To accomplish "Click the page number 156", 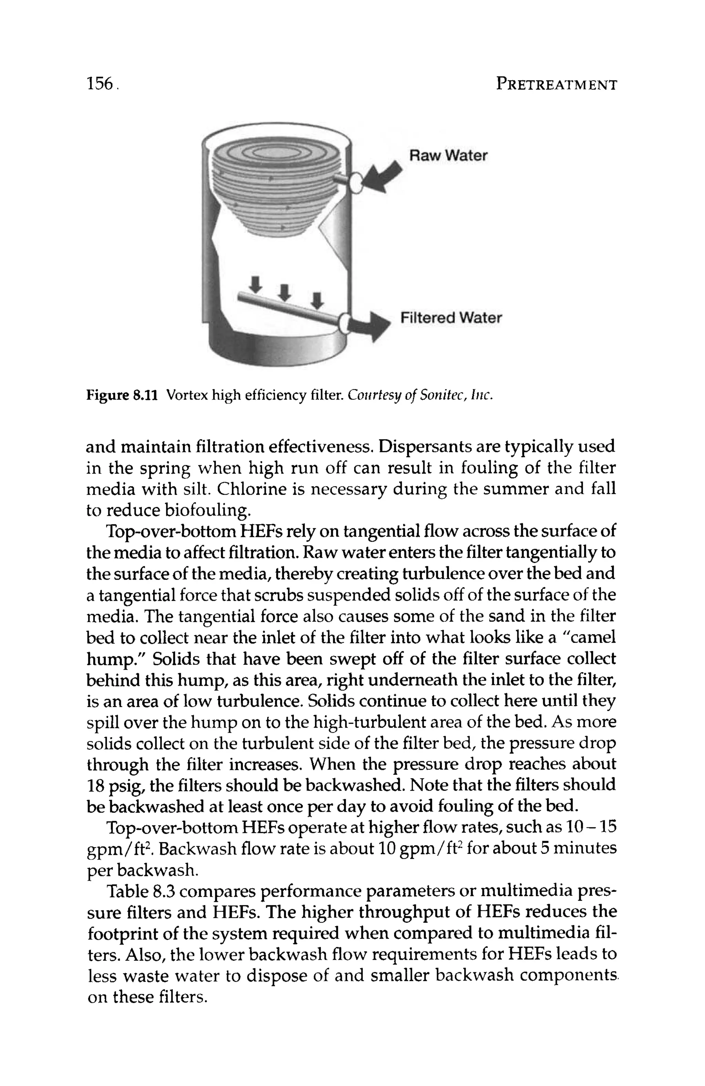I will coord(99,84).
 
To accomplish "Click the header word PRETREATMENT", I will coord(556,85).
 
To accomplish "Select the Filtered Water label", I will coord(451,318).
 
